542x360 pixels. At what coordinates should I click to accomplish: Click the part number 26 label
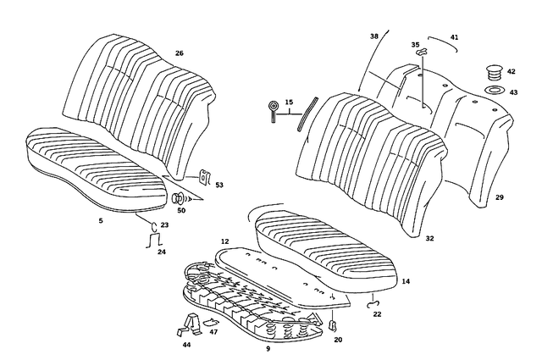[179, 53]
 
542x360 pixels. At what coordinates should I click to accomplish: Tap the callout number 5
[101, 220]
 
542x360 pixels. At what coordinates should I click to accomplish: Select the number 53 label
[219, 184]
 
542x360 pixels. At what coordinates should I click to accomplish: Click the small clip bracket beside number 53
[203, 177]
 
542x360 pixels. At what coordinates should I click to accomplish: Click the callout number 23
[164, 224]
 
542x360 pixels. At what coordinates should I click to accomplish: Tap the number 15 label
[289, 102]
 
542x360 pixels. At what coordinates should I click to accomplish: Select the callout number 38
[374, 37]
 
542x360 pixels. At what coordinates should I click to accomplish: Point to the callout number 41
[454, 37]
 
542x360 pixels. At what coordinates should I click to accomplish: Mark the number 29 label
[499, 197]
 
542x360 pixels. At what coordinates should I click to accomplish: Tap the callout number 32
[429, 239]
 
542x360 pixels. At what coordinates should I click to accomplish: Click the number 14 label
[406, 280]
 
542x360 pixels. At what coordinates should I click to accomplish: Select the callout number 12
[225, 242]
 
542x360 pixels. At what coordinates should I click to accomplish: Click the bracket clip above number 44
[190, 323]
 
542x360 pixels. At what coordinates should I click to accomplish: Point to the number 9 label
[268, 348]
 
